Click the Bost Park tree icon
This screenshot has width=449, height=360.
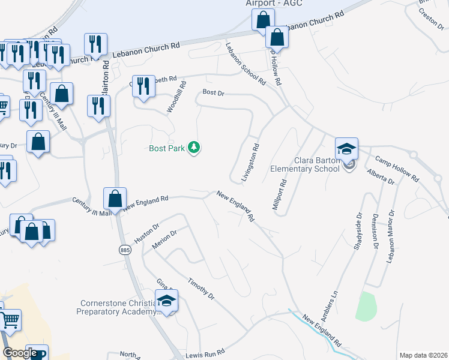(194, 147)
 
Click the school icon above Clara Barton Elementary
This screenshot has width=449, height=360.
(346, 149)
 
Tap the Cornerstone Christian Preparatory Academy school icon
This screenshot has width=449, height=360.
(166, 301)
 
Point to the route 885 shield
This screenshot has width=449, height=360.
(125, 250)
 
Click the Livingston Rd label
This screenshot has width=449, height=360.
(251, 162)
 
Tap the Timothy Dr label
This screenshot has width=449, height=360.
(200, 289)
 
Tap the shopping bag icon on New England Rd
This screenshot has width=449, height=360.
(115, 199)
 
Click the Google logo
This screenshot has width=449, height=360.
(20, 353)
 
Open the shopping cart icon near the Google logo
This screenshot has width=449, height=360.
(10, 320)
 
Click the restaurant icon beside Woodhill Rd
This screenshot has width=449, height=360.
(143, 86)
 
